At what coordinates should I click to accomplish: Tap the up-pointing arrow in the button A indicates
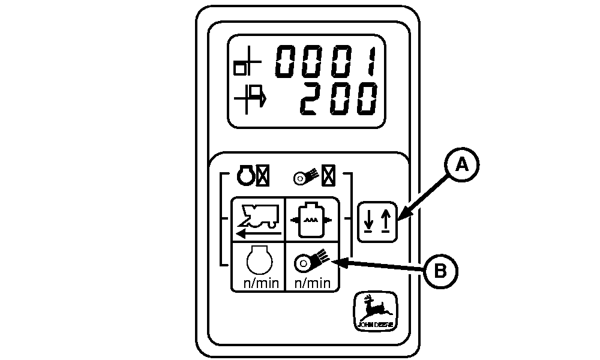(x=384, y=221)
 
